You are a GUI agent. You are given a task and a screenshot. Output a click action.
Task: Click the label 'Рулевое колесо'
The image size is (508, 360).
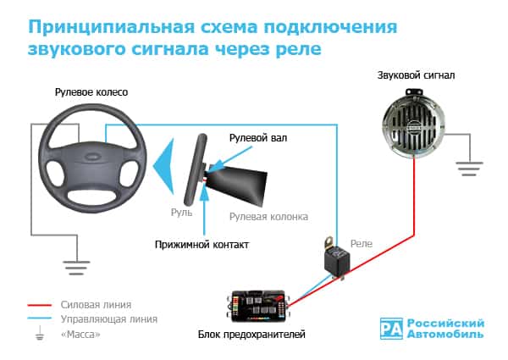(91, 91)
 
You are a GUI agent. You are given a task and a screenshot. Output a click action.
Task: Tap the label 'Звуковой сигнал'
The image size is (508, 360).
(416, 75)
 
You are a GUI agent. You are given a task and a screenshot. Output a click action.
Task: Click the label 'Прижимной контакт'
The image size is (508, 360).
(202, 244)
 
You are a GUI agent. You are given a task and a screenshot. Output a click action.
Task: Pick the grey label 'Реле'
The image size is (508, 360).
(362, 243)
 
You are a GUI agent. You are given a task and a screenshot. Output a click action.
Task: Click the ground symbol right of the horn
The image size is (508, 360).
(468, 168)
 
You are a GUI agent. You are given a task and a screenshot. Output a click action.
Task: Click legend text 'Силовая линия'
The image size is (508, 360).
(96, 304)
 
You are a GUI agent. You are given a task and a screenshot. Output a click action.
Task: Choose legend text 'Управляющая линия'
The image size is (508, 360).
(109, 319)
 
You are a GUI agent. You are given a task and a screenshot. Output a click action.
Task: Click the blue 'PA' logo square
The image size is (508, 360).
(392, 328)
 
